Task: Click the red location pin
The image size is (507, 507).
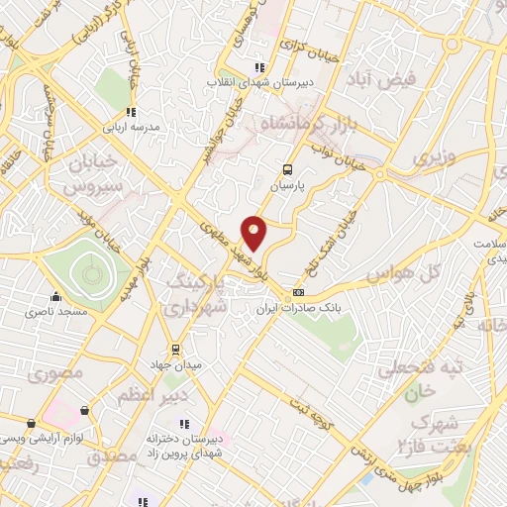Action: (254, 233)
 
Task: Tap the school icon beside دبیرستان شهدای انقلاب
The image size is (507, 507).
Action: (259, 67)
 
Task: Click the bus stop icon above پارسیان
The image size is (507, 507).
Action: (288, 169)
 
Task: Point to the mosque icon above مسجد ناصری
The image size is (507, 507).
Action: (56, 296)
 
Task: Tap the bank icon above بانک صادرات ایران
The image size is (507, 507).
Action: (298, 294)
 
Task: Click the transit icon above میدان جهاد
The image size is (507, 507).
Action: (176, 349)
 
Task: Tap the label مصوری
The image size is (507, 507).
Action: (51, 375)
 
